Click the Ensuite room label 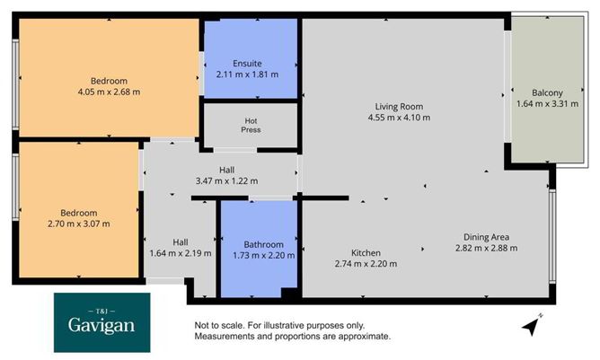[x=247, y=63]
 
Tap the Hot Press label [x=251, y=125]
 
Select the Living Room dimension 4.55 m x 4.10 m [x=399, y=117]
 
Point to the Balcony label [x=547, y=92]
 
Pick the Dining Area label [x=488, y=237]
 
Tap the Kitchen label [x=366, y=252]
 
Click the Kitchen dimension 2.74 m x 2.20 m [x=366, y=264]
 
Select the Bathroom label [x=264, y=244]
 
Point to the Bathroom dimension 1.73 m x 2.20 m [x=264, y=256]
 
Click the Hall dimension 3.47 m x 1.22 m [x=226, y=180]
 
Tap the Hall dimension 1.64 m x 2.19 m [x=181, y=253]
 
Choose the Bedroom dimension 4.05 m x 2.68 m [x=110, y=91]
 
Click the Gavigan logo [x=101, y=320]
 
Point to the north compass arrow [x=535, y=325]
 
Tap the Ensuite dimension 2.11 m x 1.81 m [x=247, y=75]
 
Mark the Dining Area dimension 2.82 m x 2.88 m [x=488, y=249]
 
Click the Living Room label [x=399, y=105]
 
